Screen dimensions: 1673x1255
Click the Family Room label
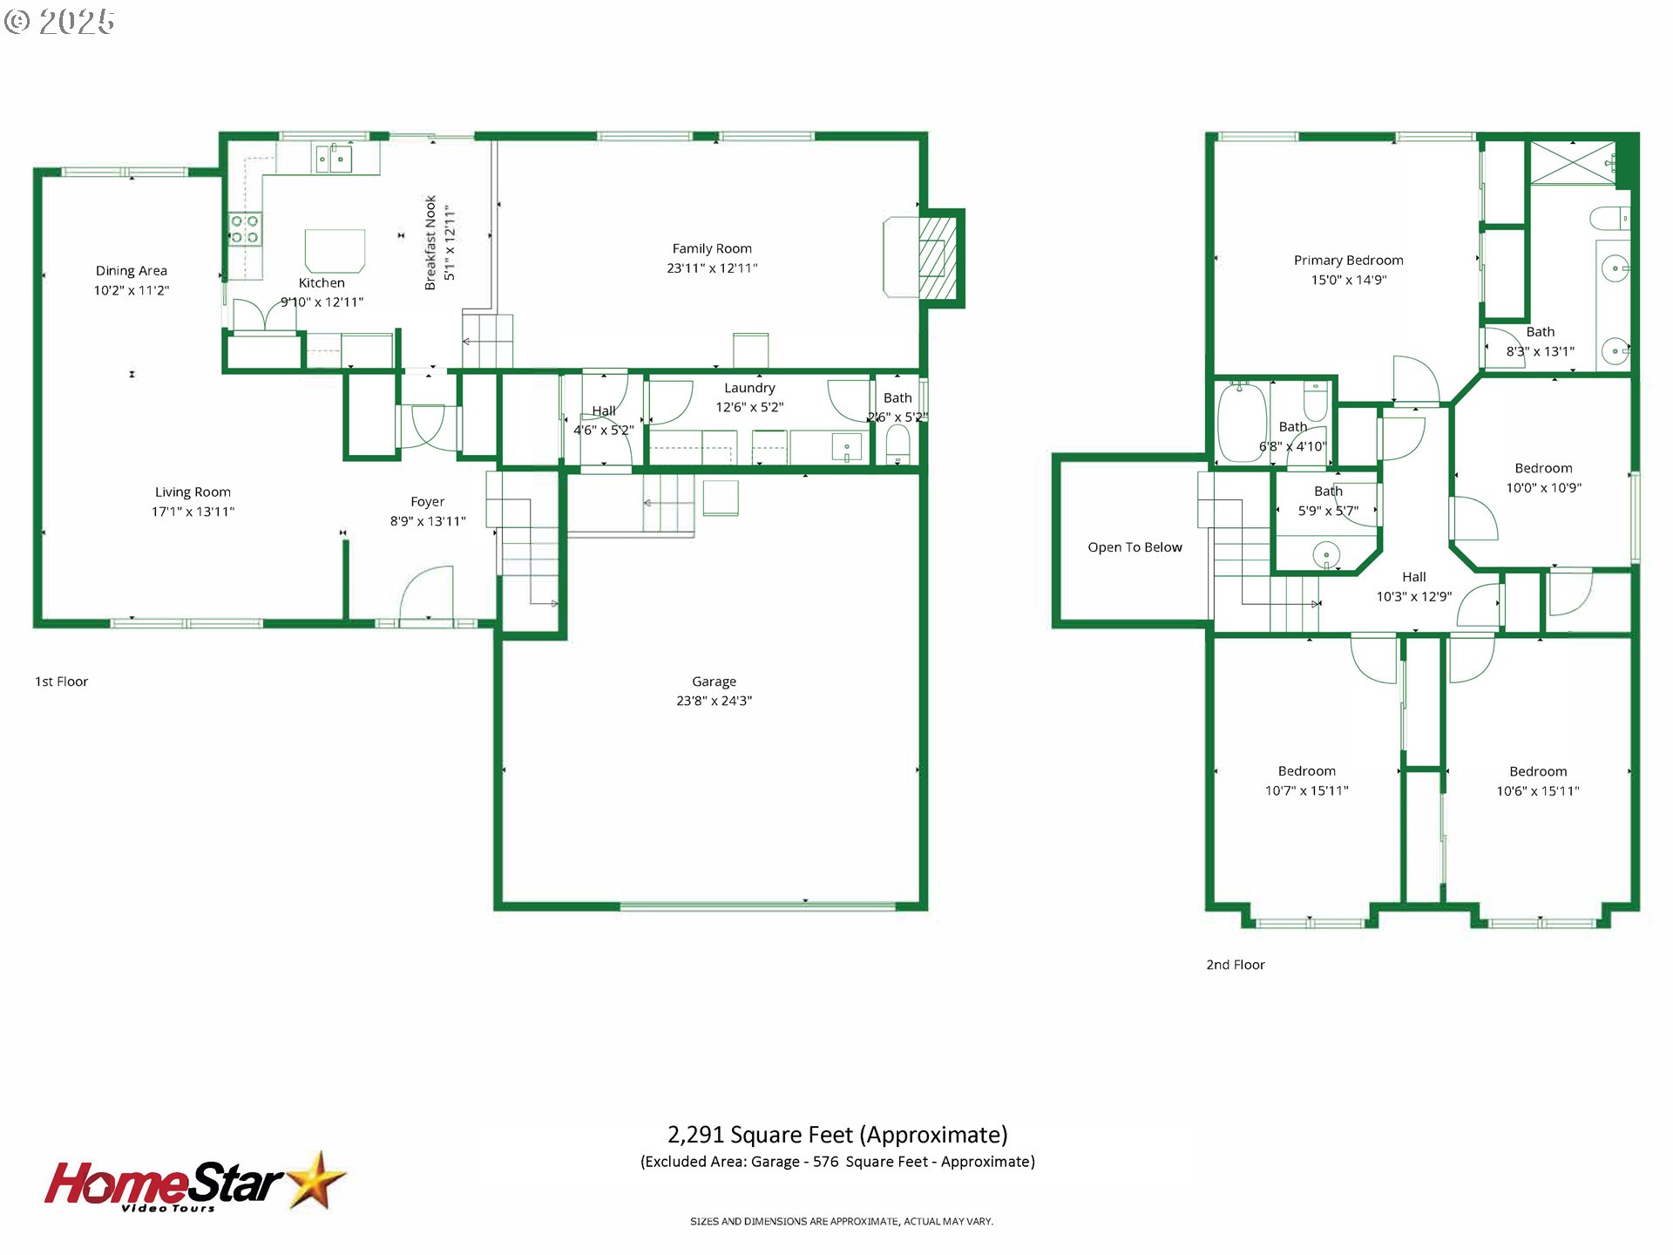click(x=712, y=248)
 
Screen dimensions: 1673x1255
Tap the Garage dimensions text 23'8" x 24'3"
click(x=715, y=701)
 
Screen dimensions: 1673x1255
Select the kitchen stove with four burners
click(x=245, y=229)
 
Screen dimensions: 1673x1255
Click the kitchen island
click(x=335, y=251)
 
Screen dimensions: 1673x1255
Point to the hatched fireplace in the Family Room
click(x=938, y=258)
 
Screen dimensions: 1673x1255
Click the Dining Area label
click(x=132, y=271)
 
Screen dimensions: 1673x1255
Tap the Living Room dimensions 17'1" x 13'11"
click(x=193, y=512)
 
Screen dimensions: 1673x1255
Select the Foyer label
click(x=428, y=502)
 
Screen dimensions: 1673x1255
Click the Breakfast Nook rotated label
click(x=430, y=243)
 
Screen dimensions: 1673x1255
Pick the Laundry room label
click(x=749, y=388)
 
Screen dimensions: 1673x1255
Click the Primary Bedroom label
click(x=1349, y=261)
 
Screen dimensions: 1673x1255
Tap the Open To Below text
click(x=1135, y=547)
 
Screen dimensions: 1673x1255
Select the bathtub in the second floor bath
click(x=1242, y=424)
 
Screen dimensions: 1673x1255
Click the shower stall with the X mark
click(x=1574, y=163)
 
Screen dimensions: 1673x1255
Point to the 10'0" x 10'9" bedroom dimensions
click(x=1544, y=488)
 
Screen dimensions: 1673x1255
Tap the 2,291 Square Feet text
click(x=759, y=1135)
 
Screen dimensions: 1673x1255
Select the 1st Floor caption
click(x=61, y=682)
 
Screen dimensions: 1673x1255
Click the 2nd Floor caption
click(x=1236, y=965)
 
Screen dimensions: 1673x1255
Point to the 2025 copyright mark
click(x=59, y=21)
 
